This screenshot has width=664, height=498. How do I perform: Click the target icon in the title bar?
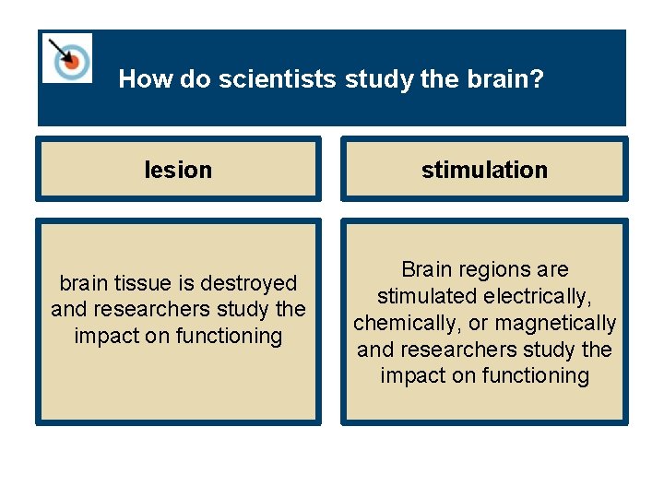pyautogui.click(x=67, y=58)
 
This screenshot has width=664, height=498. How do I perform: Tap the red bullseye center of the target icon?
pyautogui.click(x=69, y=61)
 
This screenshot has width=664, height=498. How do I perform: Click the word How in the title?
pyautogui.click(x=138, y=79)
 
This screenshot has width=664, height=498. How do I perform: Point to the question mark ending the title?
pyautogui.click(x=538, y=79)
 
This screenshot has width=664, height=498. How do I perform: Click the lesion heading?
pyautogui.click(x=178, y=170)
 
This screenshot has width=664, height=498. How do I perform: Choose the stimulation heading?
pyautogui.click(x=484, y=170)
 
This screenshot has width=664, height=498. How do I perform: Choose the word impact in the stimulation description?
pyautogui.click(x=410, y=375)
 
